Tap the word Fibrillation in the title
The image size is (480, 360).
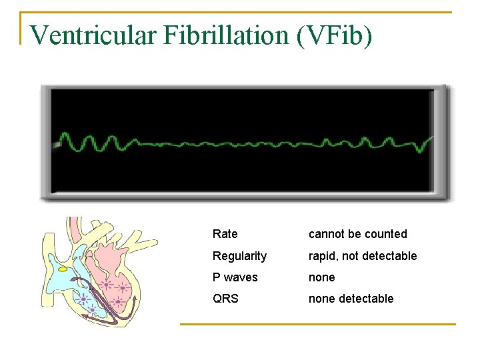(x=223, y=35)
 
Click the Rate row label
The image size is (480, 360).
(x=225, y=234)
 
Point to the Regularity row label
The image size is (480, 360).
(x=239, y=256)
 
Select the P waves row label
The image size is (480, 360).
(x=235, y=277)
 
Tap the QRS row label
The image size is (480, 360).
(x=225, y=299)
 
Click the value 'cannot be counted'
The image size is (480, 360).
(x=357, y=234)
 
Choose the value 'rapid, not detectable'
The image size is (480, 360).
(x=362, y=256)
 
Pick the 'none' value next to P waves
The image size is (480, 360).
(x=321, y=277)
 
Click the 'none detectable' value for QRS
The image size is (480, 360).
(x=351, y=299)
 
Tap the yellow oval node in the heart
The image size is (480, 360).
(x=63, y=269)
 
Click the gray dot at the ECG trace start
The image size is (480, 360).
(x=58, y=143)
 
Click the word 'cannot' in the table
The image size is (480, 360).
(x=325, y=234)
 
